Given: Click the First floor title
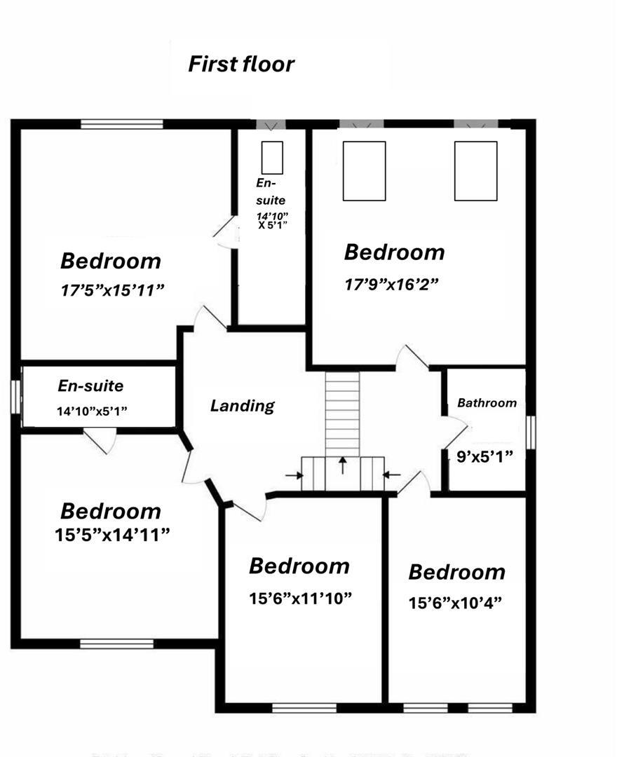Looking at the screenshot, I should tap(241, 64).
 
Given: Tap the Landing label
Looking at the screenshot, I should tap(243, 405).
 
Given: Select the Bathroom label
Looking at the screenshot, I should tap(487, 403).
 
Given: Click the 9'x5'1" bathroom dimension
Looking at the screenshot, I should tap(485, 456).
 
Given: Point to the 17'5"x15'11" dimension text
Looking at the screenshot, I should tap(112, 289).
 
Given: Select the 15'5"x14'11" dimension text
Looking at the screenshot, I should tap(112, 535).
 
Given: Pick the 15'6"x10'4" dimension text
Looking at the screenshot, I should tap(456, 602).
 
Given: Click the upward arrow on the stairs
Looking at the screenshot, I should tap(342, 465).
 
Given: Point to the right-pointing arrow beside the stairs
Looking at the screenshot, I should tap(294, 475).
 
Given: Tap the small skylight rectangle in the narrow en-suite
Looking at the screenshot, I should tap(272, 158).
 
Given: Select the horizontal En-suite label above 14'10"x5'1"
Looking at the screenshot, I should tap(90, 386).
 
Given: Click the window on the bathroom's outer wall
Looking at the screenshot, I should tap(531, 432).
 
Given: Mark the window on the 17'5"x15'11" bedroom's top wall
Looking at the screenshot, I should tap(122, 124).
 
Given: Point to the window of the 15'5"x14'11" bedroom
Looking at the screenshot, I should tap(116, 643).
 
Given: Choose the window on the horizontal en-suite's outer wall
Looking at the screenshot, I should tap(15, 396).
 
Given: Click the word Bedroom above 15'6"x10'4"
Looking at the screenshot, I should tap(456, 572).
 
